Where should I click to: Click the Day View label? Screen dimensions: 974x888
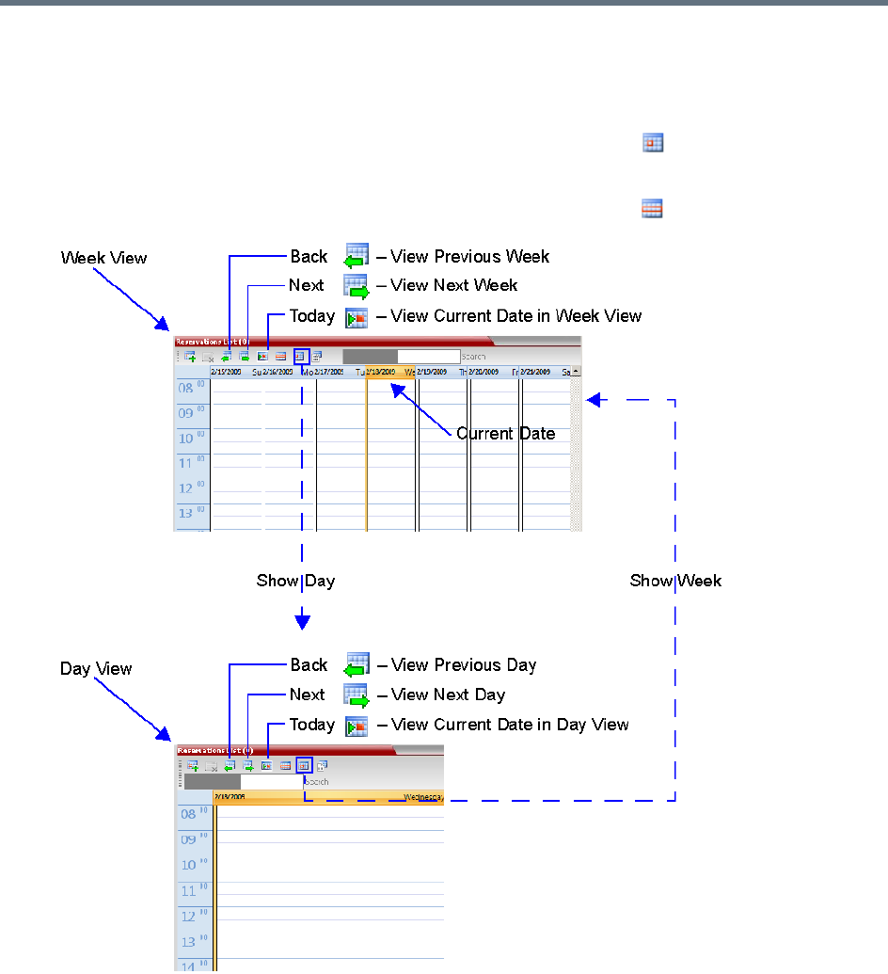[96, 669]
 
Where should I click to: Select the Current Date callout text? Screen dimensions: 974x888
[505, 434]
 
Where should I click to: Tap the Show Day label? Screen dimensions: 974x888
[295, 581]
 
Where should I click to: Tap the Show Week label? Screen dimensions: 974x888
[675, 581]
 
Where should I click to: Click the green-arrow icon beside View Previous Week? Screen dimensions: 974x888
[356, 258]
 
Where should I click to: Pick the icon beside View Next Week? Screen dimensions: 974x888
[356, 286]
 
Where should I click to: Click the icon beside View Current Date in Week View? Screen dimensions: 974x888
[356, 317]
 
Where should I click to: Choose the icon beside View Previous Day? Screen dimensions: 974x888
[357, 666]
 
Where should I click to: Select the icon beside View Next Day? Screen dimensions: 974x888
[357, 696]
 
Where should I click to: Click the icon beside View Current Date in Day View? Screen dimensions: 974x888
[357, 727]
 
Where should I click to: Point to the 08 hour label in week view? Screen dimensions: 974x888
[188, 388]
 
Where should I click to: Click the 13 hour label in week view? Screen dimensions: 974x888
[188, 514]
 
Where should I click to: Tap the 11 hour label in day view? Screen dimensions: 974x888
[190, 890]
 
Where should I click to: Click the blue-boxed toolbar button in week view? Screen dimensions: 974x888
[302, 357]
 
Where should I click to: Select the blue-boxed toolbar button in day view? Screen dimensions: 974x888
[304, 766]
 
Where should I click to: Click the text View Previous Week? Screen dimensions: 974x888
[469, 257]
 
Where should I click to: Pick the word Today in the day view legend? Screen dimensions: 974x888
[312, 725]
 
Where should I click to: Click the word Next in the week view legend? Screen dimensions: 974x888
[307, 285]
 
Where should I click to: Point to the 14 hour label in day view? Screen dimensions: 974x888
[190, 965]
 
